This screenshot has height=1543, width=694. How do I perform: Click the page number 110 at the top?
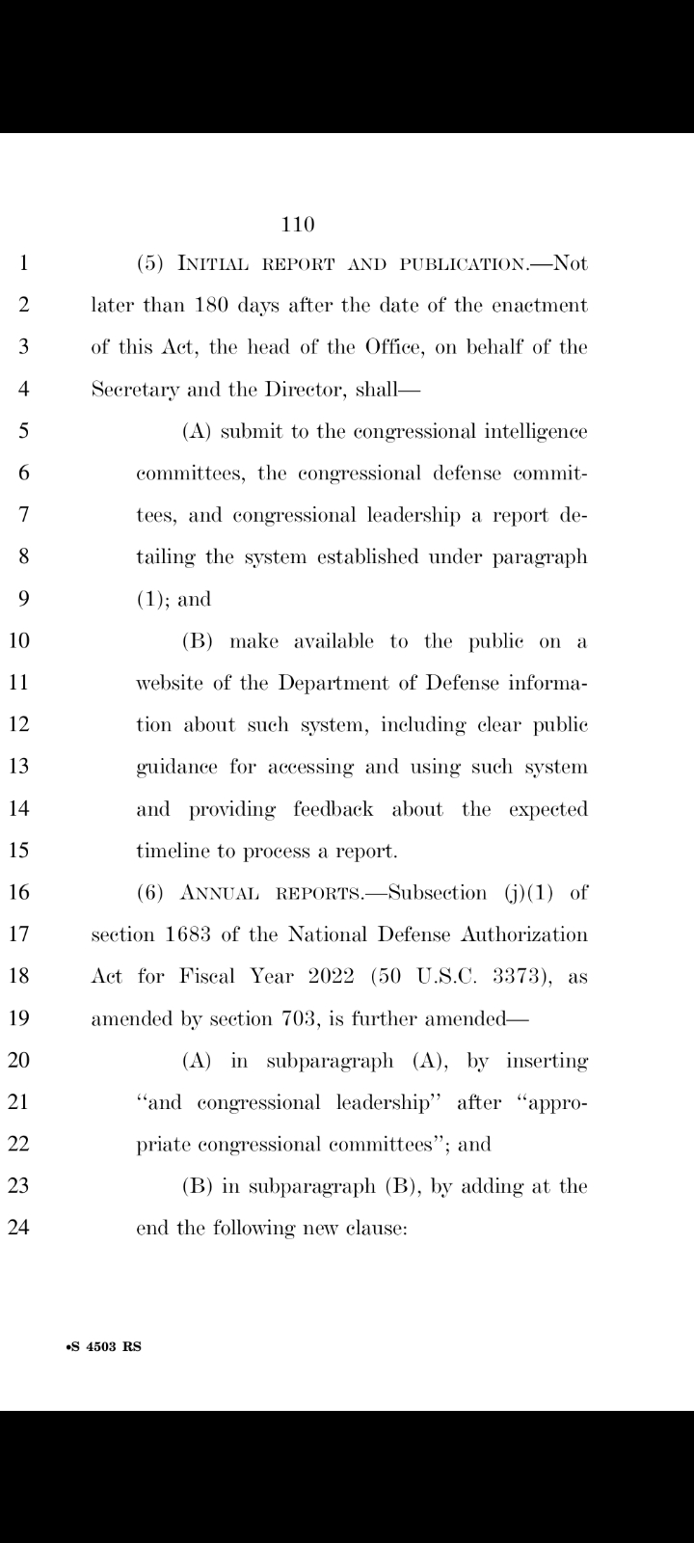[x=299, y=225]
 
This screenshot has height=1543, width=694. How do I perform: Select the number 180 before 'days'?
[x=210, y=306]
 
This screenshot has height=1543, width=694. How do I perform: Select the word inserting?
[x=547, y=1061]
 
